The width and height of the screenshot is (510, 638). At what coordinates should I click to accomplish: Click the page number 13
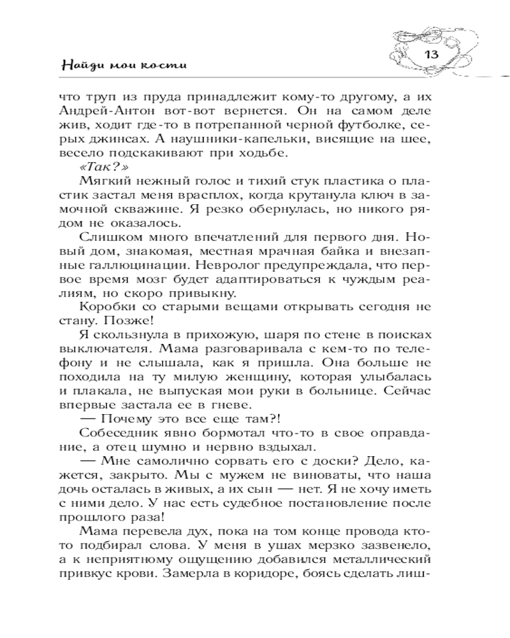tap(432, 54)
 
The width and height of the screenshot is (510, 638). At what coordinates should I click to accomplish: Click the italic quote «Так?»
tap(96, 168)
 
